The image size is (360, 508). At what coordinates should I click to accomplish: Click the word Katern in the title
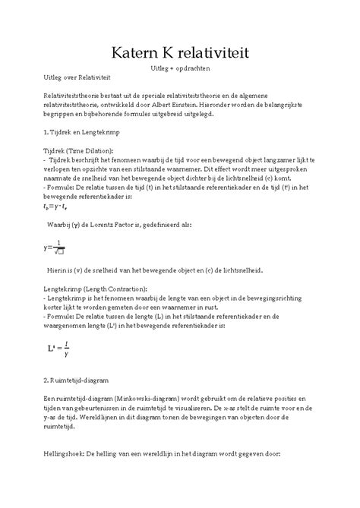click(135, 52)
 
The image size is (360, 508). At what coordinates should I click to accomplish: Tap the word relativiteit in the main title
click(228, 52)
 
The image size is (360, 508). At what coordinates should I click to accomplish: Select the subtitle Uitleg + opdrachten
click(179, 69)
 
